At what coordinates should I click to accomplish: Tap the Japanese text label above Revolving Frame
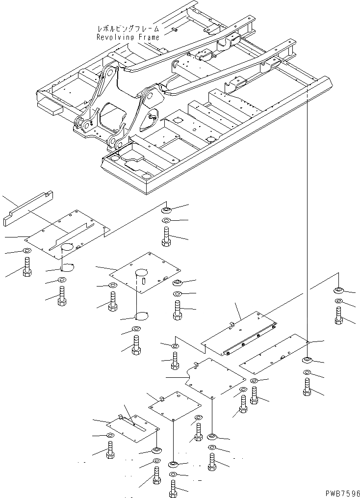[x=128, y=29]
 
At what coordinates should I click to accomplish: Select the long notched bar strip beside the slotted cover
[x=29, y=209]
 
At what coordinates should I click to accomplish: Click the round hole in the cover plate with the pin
[x=142, y=271]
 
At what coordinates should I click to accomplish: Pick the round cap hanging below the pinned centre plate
[x=143, y=315]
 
